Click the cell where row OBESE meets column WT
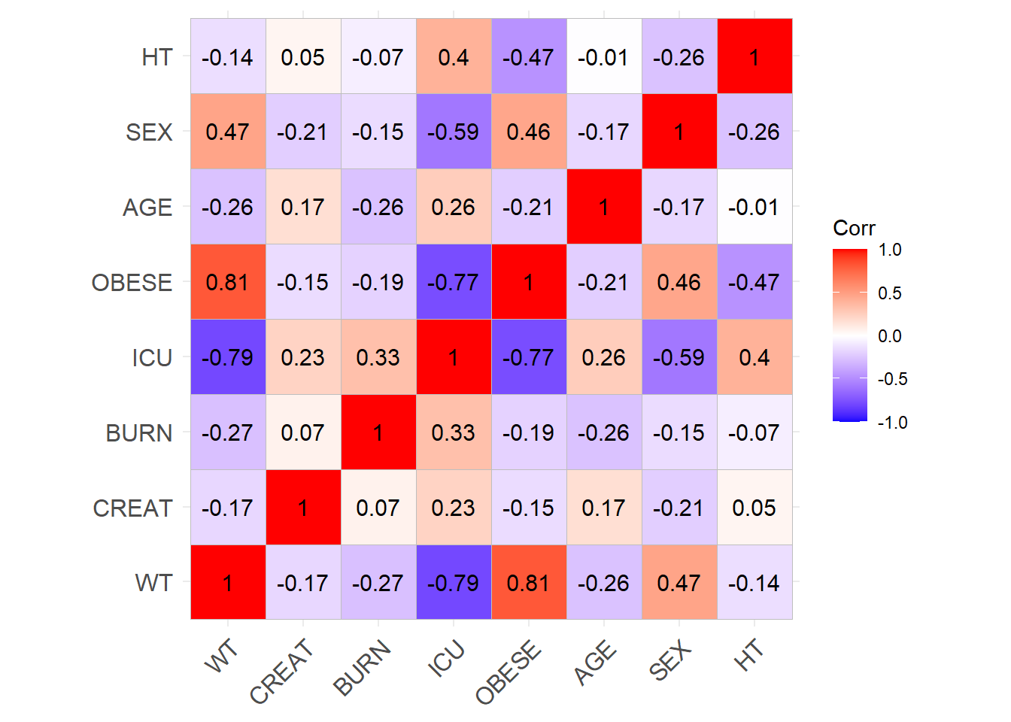pos(228,282)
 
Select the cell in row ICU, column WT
pos(228,357)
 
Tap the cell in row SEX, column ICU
pos(454,132)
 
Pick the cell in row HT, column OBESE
pos(529,56)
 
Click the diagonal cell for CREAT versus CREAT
pos(303,508)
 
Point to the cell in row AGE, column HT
pos(754,207)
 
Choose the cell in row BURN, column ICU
pos(454,432)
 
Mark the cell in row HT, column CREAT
pos(303,56)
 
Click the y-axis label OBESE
pos(132,283)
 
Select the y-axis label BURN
pos(139,433)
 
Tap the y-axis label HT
pos(157,57)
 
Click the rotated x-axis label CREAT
pos(281,671)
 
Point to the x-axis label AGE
pos(595,663)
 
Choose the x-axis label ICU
pos(447,659)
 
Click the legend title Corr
pos(854,228)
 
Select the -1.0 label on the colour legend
pos(892,423)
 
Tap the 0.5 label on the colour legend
pos(889,293)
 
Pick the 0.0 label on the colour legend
pos(889,336)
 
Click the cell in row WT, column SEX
pos(679,583)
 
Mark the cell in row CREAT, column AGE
pos(604,508)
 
